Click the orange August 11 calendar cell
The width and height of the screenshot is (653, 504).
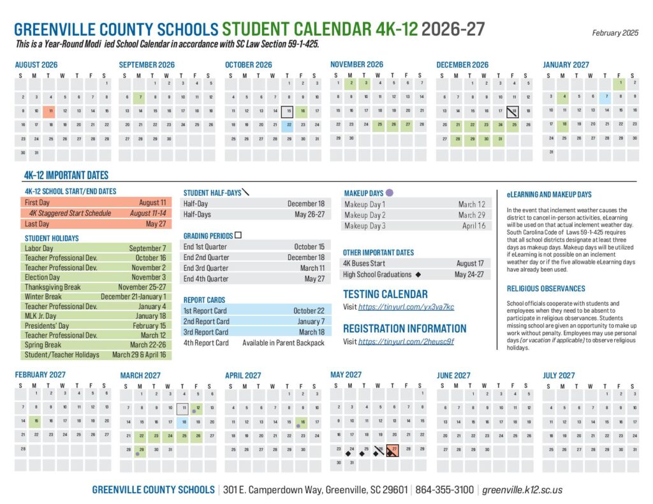pyautogui.click(x=50, y=110)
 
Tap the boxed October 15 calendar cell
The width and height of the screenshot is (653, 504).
pyautogui.click(x=287, y=110)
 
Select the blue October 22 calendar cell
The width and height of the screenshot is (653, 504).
pyautogui.click(x=287, y=124)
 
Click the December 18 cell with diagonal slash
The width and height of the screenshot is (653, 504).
pyautogui.click(x=512, y=110)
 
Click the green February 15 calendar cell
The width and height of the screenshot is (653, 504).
pyautogui.click(x=36, y=421)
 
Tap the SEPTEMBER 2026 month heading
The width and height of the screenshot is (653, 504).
pyautogui.click(x=147, y=65)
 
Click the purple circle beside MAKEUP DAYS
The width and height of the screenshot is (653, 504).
pyautogui.click(x=390, y=192)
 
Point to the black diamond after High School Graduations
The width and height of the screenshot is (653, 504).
pyautogui.click(x=418, y=275)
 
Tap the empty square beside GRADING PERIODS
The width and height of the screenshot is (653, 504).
pyautogui.click(x=238, y=235)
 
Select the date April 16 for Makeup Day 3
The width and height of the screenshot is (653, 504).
pyautogui.click(x=473, y=226)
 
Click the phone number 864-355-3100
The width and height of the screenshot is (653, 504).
pyautogui.click(x=444, y=490)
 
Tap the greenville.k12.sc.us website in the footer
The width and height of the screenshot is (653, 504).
pyautogui.click(x=522, y=490)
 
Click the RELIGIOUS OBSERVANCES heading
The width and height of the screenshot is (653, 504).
pyautogui.click(x=537, y=289)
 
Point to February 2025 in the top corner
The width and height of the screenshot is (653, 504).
pyautogui.click(x=615, y=32)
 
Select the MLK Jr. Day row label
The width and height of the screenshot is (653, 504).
pyautogui.click(x=40, y=316)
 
